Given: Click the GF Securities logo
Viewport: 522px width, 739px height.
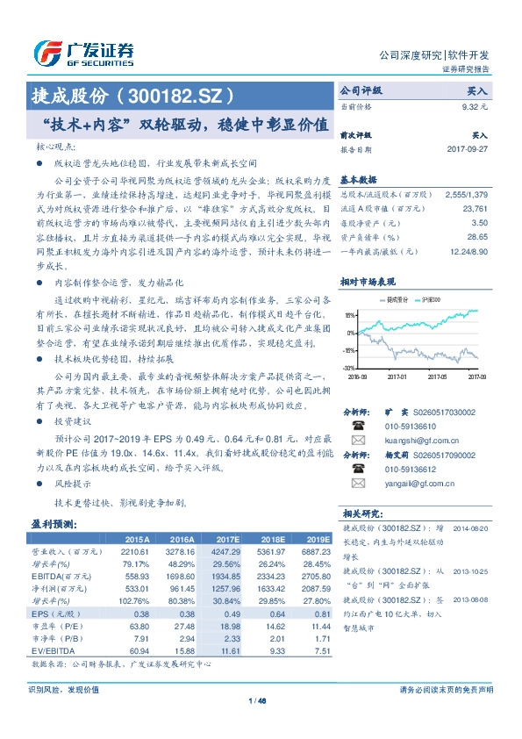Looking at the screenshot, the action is pyautogui.click(x=84, y=54).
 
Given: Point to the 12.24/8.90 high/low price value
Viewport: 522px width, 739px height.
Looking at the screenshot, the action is pyautogui.click(x=469, y=251).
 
